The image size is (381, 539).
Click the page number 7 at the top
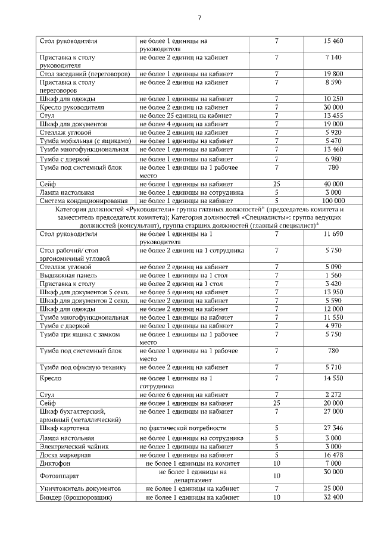[x=199, y=17]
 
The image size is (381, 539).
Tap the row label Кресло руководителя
[x=72, y=107]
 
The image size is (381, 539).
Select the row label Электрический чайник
[x=74, y=446]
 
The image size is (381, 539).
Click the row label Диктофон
[x=55, y=462]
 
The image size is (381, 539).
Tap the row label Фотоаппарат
[x=60, y=476]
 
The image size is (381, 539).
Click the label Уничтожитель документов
[x=80, y=488]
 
